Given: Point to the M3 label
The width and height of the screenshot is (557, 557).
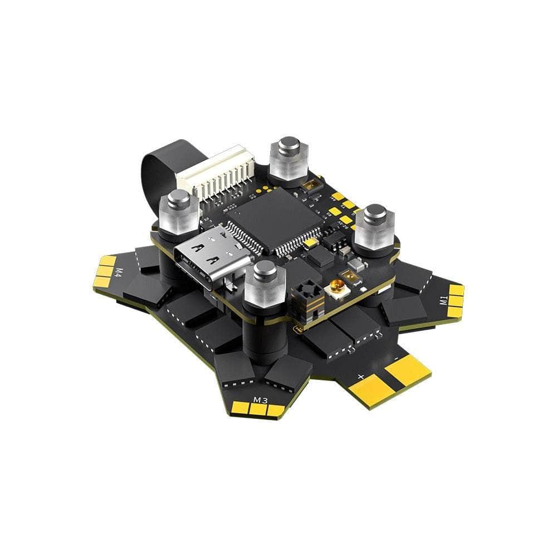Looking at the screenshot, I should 260,400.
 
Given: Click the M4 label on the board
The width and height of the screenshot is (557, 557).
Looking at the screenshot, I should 119,272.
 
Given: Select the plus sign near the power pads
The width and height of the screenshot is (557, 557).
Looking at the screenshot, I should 360,377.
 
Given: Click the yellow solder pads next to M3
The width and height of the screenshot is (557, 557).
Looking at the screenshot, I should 257,410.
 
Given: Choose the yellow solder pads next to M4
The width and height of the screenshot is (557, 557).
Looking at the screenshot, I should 105,267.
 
